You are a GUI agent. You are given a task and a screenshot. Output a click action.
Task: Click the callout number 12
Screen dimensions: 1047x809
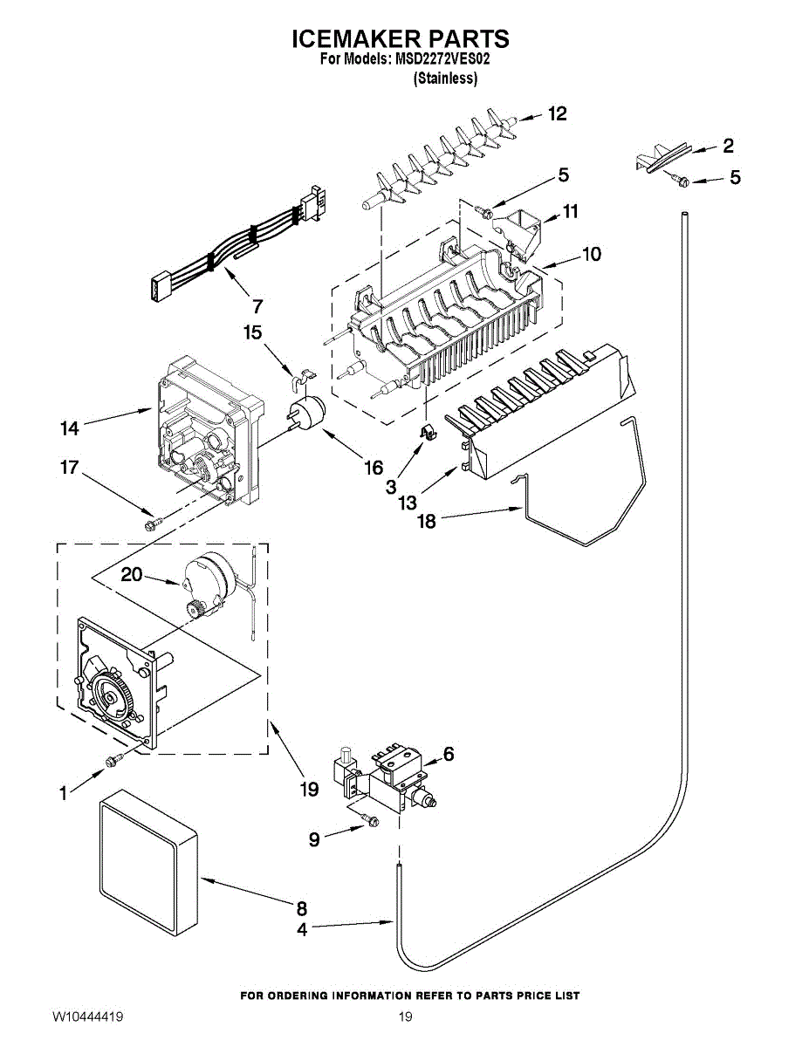pyautogui.click(x=557, y=113)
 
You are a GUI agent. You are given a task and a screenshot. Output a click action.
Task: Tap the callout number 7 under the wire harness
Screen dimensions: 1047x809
pyautogui.click(x=257, y=306)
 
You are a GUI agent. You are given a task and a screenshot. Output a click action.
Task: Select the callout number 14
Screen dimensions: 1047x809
pyautogui.click(x=70, y=428)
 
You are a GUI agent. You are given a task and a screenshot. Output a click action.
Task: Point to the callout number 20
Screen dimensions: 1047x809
pyautogui.click(x=132, y=575)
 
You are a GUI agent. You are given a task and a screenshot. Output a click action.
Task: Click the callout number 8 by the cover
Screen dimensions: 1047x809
pyautogui.click(x=301, y=907)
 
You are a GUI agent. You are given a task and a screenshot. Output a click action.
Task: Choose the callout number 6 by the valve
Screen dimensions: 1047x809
pyautogui.click(x=449, y=754)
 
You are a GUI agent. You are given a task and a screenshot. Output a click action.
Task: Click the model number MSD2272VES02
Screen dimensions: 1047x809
pyautogui.click(x=444, y=60)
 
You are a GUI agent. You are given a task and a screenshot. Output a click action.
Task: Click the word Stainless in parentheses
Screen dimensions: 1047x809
pyautogui.click(x=445, y=79)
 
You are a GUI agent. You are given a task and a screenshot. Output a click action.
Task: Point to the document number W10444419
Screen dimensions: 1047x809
pyautogui.click(x=86, y=1017)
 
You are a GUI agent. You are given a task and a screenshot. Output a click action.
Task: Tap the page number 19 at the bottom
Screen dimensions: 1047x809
pyautogui.click(x=405, y=1017)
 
